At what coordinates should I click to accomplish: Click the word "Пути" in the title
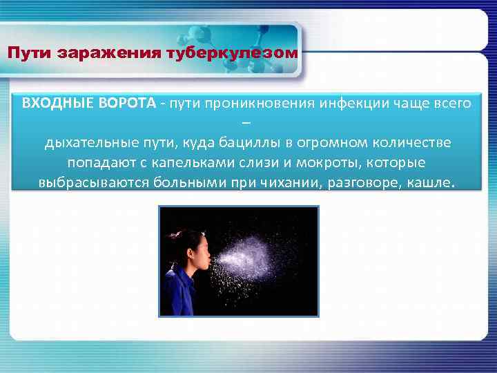(x=26, y=53)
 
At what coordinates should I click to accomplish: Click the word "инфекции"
(x=352, y=104)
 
